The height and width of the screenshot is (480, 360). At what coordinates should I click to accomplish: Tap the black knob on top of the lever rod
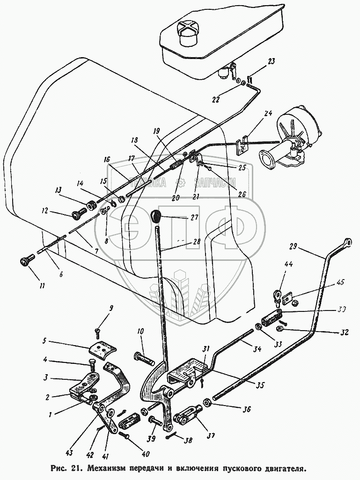pyautogui.click(x=156, y=216)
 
